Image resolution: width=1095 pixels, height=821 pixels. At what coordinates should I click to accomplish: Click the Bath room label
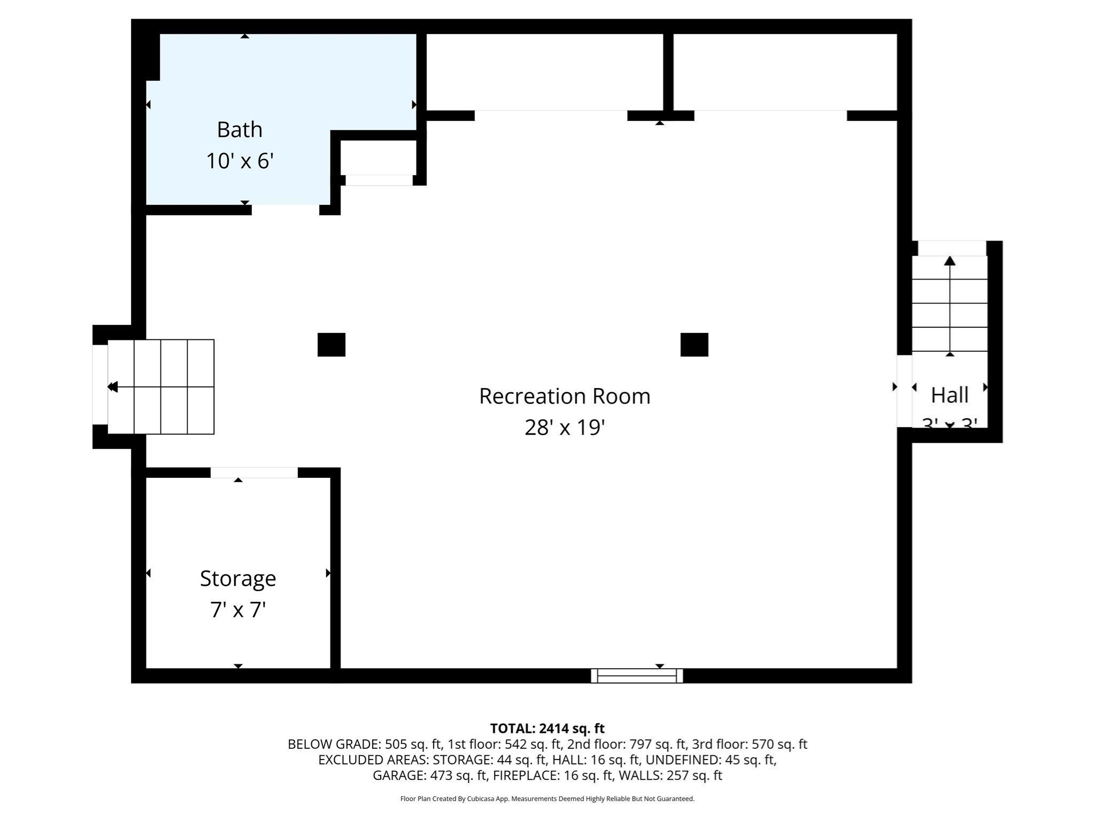coord(240,130)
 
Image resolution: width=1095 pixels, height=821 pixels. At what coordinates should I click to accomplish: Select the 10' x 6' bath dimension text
coord(240,161)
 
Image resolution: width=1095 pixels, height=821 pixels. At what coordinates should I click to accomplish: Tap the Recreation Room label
coord(565,396)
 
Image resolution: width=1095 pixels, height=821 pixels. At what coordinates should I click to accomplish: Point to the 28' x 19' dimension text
coord(565,428)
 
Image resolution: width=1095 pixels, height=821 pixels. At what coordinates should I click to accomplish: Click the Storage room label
coord(238,578)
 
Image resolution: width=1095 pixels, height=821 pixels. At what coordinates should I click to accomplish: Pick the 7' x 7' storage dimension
coord(238,610)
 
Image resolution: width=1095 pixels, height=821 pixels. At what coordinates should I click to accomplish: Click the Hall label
coord(950,396)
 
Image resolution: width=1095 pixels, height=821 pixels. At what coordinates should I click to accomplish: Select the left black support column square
coord(331,345)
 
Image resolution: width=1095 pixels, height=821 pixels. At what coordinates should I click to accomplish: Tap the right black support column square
coord(694,345)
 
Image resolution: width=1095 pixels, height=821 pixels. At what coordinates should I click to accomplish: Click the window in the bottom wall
coord(636,676)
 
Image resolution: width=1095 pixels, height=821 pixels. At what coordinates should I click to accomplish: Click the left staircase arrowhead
coord(112,386)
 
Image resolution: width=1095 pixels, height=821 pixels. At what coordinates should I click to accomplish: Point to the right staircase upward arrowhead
coord(950,261)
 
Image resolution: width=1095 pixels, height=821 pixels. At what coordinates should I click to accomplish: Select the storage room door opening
coord(254,473)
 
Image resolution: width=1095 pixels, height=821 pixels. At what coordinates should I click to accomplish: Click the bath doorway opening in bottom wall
coord(286,210)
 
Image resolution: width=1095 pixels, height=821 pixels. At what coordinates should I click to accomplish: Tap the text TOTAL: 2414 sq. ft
coord(547,729)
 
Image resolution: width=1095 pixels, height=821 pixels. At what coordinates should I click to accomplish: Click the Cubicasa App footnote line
coord(547,799)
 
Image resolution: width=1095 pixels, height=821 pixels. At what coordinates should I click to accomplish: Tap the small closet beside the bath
coord(378,158)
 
